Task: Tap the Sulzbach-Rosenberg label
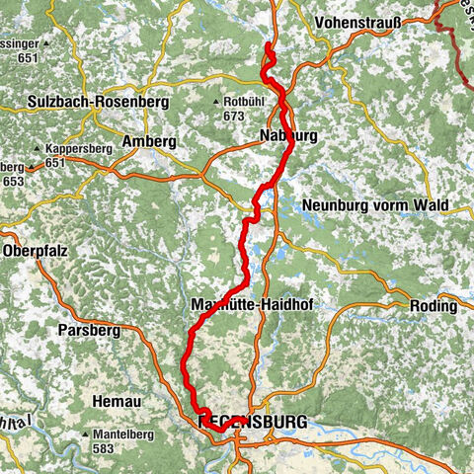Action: click(86, 102)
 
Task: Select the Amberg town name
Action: click(149, 142)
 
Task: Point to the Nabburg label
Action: click(288, 135)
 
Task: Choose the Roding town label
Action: click(435, 306)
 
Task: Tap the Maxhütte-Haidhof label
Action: click(250, 306)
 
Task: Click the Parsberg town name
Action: click(89, 328)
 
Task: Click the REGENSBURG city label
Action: click(253, 422)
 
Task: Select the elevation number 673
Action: click(233, 117)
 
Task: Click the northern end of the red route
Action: click(269, 45)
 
